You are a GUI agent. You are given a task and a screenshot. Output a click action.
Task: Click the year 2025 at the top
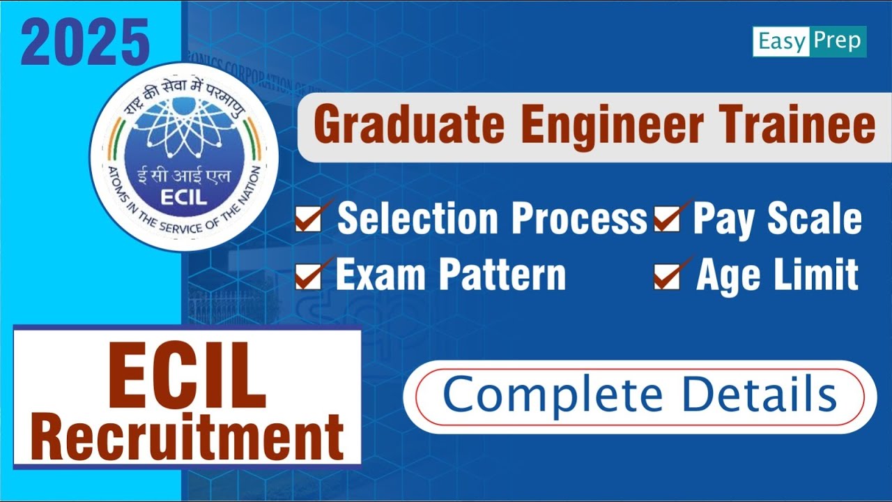[85, 43]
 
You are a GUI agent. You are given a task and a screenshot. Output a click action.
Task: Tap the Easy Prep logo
[809, 42]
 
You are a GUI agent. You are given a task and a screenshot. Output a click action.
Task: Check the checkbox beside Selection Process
[308, 219]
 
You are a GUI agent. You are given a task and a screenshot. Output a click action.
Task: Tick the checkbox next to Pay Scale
[666, 219]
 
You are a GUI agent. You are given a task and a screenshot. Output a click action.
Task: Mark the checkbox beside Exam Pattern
[308, 276]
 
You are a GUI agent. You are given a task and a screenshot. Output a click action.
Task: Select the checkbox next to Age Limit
[666, 276]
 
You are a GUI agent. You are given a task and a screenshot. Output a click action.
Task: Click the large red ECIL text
[187, 376]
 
